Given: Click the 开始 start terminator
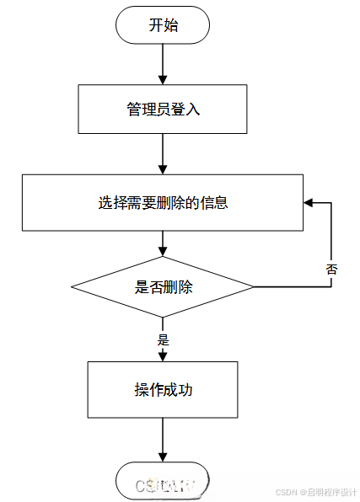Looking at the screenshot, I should point(163,25).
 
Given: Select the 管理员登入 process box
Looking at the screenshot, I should point(163,109).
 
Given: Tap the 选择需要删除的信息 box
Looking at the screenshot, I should point(163,202).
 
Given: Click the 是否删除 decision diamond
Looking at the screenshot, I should point(163,287).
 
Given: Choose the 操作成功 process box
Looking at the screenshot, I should point(163,389).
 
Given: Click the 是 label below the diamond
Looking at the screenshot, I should point(164,340).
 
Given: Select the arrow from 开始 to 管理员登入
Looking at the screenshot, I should point(163,65).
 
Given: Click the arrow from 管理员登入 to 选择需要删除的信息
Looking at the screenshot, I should point(163,153).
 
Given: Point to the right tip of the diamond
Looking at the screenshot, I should point(252,287).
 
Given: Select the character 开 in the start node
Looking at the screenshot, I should point(155,25).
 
